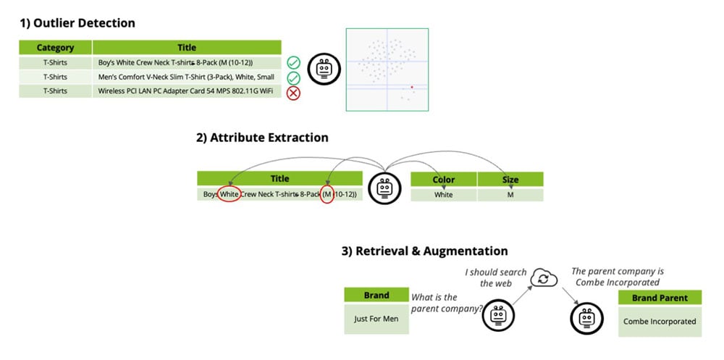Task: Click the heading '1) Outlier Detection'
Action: (77, 23)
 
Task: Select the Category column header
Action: (55, 48)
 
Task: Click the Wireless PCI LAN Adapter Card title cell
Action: (187, 91)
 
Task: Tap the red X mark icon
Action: (294, 92)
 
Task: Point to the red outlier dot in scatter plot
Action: (412, 87)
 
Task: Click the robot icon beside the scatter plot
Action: (323, 70)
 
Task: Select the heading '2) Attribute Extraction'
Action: (262, 138)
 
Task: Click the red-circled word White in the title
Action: (230, 194)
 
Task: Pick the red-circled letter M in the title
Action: (327, 194)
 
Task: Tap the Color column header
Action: (443, 180)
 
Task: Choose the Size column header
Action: (510, 180)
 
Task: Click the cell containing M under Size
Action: (510, 195)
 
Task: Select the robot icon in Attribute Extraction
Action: (385, 188)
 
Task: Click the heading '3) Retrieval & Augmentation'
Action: (424, 251)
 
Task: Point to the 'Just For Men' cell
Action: (376, 319)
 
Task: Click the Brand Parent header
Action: (660, 298)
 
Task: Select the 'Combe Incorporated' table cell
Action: (660, 321)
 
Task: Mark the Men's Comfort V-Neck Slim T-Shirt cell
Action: (187, 77)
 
